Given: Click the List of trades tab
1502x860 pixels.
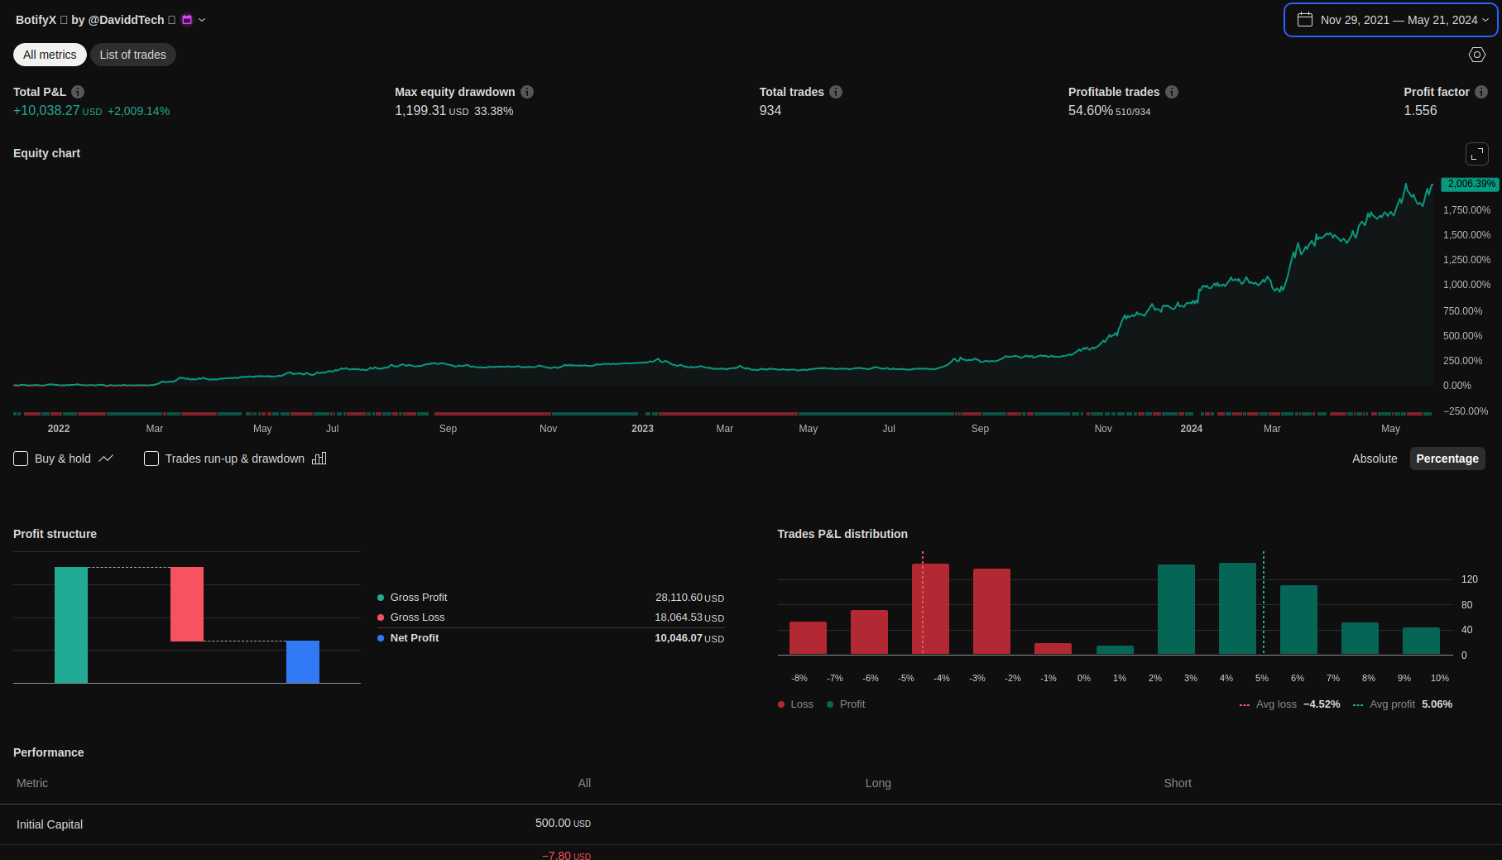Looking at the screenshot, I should [x=132, y=55].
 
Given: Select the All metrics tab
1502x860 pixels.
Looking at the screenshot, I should [x=50, y=55].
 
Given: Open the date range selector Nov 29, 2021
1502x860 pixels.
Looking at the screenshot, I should [x=1390, y=20].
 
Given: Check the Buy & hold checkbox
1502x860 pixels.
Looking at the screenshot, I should [x=22, y=459].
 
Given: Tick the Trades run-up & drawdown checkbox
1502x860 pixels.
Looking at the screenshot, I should [x=151, y=459].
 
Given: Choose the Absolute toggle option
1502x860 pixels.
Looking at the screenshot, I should [x=1374, y=459].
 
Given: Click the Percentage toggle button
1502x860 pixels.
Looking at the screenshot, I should [x=1447, y=459].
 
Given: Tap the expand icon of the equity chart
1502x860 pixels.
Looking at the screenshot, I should [x=1476, y=154].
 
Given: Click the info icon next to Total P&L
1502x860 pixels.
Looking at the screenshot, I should [x=78, y=92].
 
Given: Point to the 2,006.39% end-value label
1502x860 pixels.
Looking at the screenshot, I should [x=1470, y=184].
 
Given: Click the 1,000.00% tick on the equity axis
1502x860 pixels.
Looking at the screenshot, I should [x=1466, y=285].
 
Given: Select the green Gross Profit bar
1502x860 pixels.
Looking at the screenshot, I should [x=71, y=625].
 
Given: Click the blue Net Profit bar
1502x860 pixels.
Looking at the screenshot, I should [x=303, y=661].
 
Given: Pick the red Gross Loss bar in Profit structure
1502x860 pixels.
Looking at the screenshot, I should [x=187, y=604].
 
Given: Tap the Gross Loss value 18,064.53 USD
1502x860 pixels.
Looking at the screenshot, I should [x=689, y=617].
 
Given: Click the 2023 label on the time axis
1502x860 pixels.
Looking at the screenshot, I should [x=642, y=429].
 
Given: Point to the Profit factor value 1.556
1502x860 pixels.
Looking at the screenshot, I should [x=1420, y=111].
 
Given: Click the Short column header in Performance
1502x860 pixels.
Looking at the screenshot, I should [x=1178, y=783].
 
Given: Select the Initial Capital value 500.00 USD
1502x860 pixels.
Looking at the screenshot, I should [x=563, y=824].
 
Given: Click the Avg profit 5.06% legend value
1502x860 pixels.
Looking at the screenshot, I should [x=1437, y=704].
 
